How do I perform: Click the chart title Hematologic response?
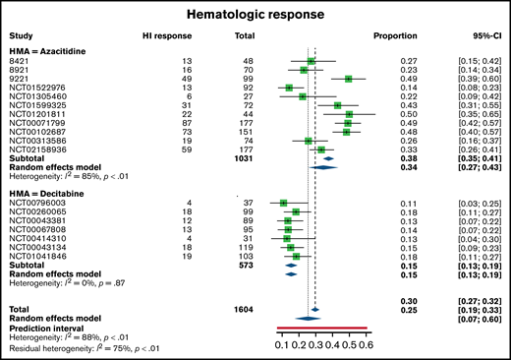[255, 15]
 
